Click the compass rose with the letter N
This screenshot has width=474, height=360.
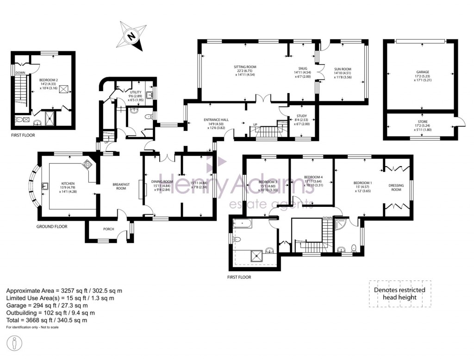pyautogui.click(x=132, y=36)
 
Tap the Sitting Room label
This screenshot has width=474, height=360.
pyautogui.click(x=244, y=67)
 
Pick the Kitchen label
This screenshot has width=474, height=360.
pyautogui.click(x=68, y=184)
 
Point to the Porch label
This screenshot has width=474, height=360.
pyautogui.click(x=108, y=229)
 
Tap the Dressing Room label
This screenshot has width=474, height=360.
pyautogui.click(x=396, y=187)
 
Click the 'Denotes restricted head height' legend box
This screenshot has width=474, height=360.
pyautogui.click(x=400, y=294)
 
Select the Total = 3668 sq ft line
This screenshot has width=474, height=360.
pyautogui.click(x=47, y=320)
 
